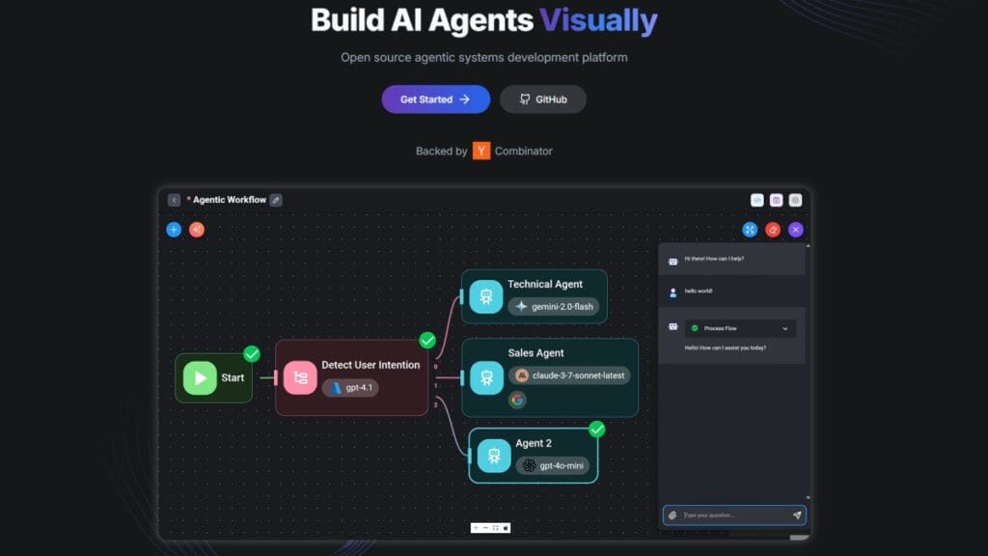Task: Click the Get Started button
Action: tap(435, 99)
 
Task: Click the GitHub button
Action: tap(542, 99)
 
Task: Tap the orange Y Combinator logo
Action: tap(481, 151)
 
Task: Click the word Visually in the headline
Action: tap(598, 20)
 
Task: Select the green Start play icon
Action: tap(200, 377)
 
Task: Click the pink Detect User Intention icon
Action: tap(300, 377)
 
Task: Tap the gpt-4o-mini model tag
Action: tap(552, 465)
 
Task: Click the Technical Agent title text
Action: tap(544, 284)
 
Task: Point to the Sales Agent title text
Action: tap(535, 353)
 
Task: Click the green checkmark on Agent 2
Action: tap(597, 429)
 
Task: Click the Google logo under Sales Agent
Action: tap(518, 400)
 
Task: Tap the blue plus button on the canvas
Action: tap(174, 230)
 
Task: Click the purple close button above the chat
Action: tap(796, 230)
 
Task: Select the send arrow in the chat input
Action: tap(797, 515)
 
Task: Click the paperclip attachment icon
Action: tap(672, 515)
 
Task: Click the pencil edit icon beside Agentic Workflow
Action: tap(276, 200)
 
